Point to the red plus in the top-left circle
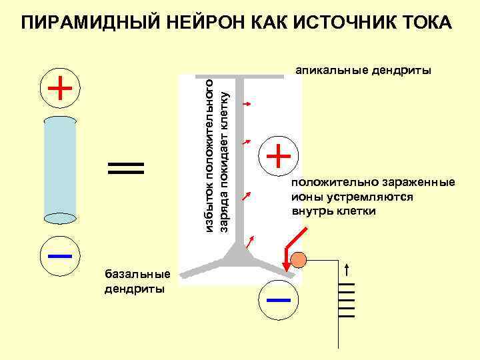pos(60,87)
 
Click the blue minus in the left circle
pos(60,255)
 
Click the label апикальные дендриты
pos(363,69)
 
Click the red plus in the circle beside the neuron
pos(279,157)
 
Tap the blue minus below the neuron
pos(278,299)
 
